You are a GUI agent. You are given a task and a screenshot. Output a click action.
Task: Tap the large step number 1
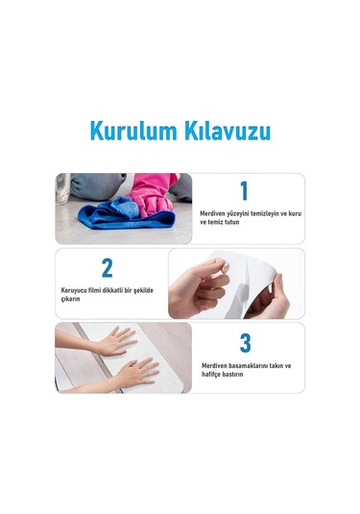(244, 190)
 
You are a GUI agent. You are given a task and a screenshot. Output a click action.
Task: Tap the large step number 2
(107, 267)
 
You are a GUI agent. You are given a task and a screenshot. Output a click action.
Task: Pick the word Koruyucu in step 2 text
(77, 289)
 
